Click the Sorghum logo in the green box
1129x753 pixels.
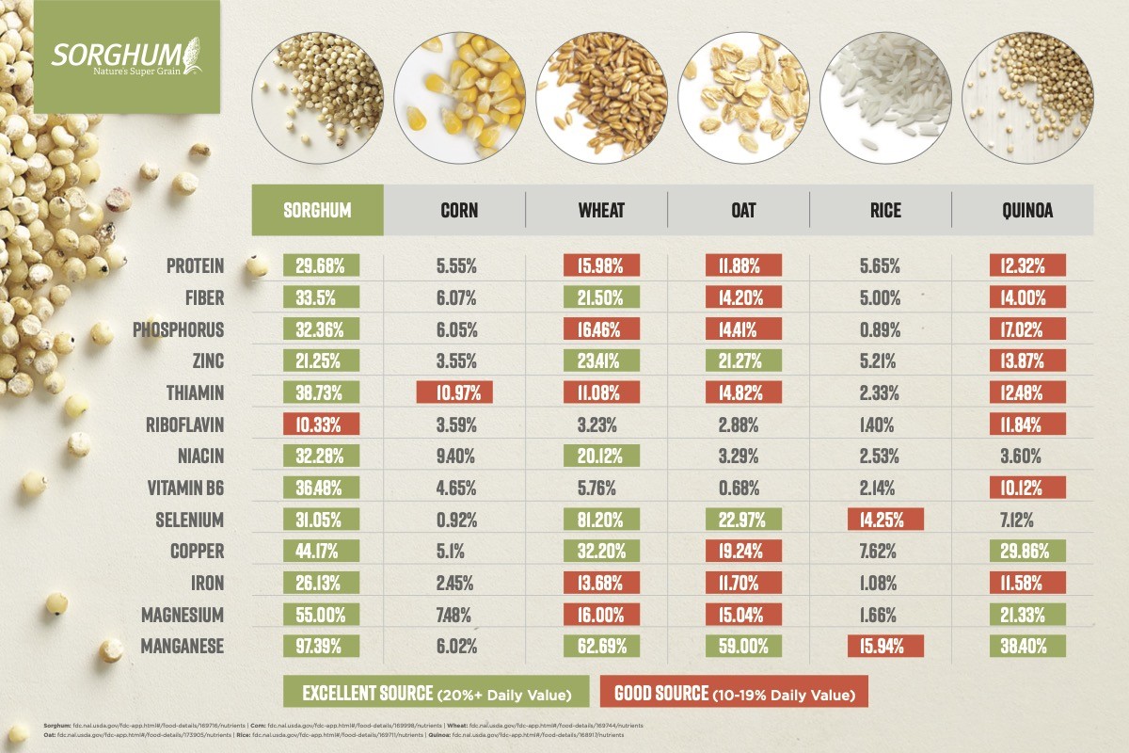[x=126, y=56]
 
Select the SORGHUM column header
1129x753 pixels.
[x=317, y=210]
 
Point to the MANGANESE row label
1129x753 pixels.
[x=182, y=647]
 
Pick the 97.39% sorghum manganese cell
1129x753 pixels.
[x=321, y=647]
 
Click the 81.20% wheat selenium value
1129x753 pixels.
[x=601, y=520]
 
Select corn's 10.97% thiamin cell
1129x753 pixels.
[x=454, y=393]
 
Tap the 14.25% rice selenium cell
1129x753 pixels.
[x=885, y=520]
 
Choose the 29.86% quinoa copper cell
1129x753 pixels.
[x=1026, y=552]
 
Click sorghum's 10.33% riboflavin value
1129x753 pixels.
[x=321, y=425]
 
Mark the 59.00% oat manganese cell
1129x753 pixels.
[x=743, y=647]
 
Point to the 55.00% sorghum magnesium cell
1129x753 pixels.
[x=321, y=615]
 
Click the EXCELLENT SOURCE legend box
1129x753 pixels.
[x=436, y=694]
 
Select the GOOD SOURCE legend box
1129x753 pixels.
[x=733, y=694]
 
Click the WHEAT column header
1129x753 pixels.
[x=601, y=210]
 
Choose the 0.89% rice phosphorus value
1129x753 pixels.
[x=885, y=329]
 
